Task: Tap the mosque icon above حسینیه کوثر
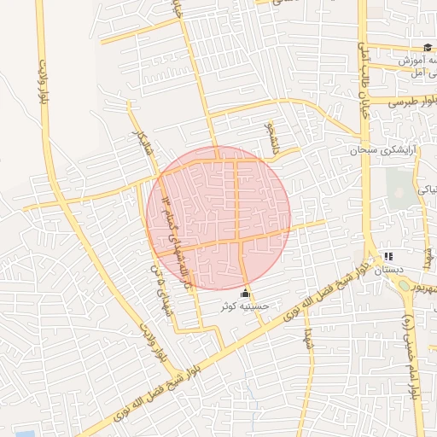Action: (x=247, y=294)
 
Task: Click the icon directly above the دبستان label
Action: (x=388, y=256)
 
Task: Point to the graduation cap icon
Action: (x=427, y=47)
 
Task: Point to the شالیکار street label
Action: (x=139, y=149)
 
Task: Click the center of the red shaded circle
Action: (x=218, y=217)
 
